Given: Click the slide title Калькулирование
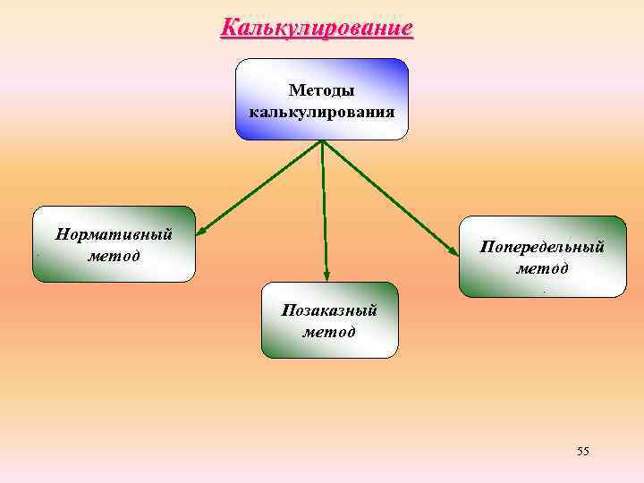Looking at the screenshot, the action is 317,28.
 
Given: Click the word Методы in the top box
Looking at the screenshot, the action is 321,91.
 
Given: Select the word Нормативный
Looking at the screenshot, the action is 114,235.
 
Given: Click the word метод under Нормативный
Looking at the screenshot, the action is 114,256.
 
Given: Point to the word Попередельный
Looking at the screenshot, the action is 542,246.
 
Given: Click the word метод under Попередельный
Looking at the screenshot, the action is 542,267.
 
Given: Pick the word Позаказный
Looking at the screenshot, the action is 329,310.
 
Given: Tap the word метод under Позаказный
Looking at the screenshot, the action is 329,332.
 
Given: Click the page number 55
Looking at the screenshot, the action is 583,451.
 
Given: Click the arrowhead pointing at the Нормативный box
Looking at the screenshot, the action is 201,233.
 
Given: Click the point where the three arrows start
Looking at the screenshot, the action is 322,141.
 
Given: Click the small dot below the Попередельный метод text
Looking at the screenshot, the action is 543,290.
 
